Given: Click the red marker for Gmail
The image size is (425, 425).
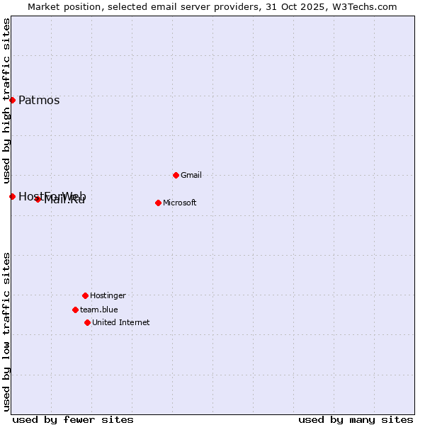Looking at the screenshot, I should click(176, 175).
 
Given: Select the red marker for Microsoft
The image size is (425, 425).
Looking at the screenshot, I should click(158, 203).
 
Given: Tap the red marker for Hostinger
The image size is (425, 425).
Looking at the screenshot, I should click(85, 295).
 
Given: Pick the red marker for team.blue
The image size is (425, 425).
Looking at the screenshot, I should click(75, 310).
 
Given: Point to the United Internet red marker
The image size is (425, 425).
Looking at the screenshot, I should click(87, 322).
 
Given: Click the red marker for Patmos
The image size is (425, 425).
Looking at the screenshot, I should click(12, 100).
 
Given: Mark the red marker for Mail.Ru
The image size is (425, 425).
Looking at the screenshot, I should click(38, 199).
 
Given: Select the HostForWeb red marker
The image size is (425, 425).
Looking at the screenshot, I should click(12, 196).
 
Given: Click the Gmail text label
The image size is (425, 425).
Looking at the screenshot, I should click(191, 175).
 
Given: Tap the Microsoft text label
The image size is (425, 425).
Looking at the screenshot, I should click(180, 203).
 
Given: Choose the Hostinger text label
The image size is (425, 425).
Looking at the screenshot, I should click(108, 295).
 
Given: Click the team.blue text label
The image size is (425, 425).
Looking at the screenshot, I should click(99, 310).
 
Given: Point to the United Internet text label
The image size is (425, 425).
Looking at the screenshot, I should click(121, 322).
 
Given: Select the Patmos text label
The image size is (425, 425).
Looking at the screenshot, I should click(39, 100).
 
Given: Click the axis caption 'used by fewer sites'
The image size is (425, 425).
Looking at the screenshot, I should click(73, 419).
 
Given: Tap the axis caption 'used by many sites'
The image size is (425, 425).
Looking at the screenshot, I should click(356, 419).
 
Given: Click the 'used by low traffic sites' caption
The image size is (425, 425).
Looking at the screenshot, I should click(6, 331).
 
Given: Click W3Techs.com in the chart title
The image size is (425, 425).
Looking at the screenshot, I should click(362, 6).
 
